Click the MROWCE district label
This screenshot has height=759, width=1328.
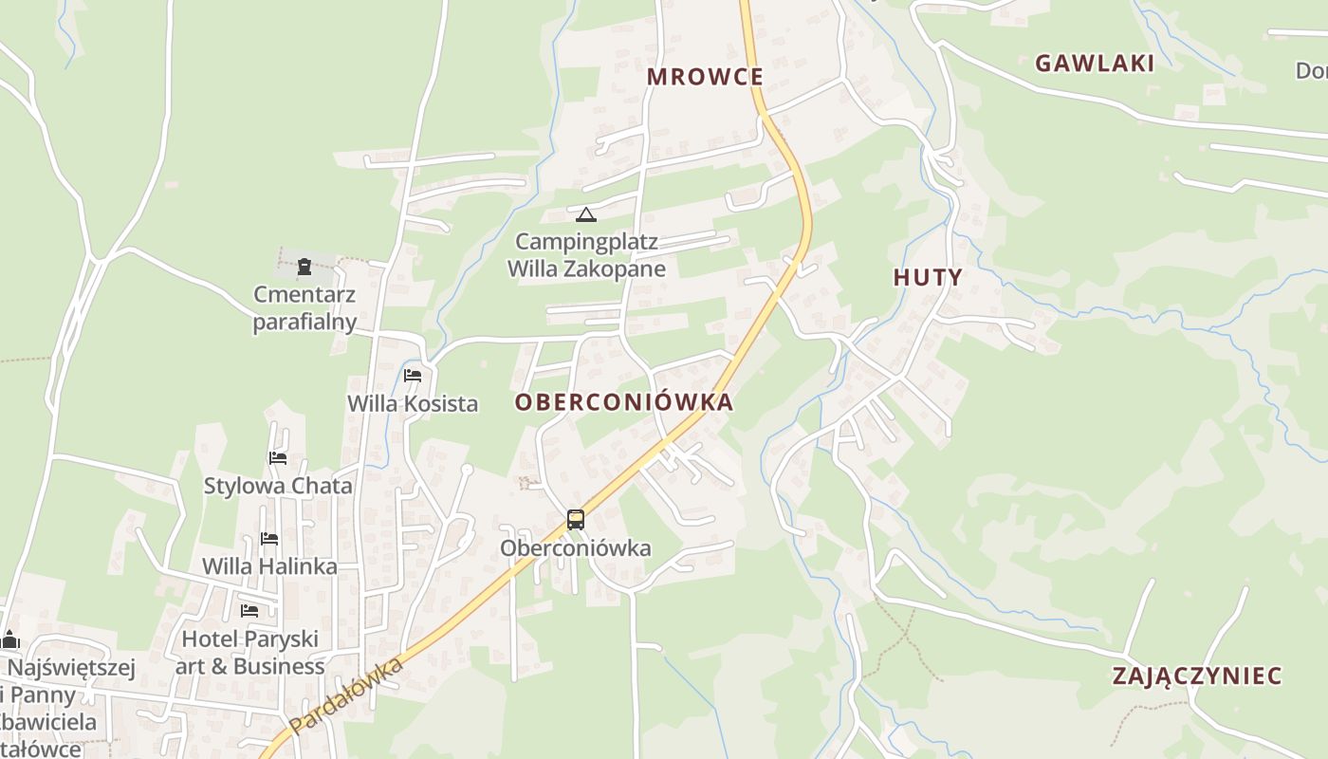pyautogui.click(x=705, y=77)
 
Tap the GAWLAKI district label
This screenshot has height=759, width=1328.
pyautogui.click(x=1095, y=64)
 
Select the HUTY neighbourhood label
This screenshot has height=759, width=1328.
pyautogui.click(x=928, y=278)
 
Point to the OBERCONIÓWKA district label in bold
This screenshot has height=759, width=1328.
pyautogui.click(x=624, y=402)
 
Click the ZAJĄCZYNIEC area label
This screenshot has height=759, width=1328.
pyautogui.click(x=1197, y=676)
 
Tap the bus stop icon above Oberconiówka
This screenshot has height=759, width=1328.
pyautogui.click(x=576, y=519)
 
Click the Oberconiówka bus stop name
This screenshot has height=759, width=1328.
pyautogui.click(x=576, y=548)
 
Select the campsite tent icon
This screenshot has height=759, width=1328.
pyautogui.click(x=586, y=214)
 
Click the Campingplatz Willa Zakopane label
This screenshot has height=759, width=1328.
pyautogui.click(x=586, y=255)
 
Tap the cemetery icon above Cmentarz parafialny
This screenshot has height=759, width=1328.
pyautogui.click(x=304, y=267)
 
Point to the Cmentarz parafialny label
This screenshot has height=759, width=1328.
pyautogui.click(x=304, y=308)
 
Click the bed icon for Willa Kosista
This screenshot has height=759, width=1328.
pyautogui.click(x=413, y=376)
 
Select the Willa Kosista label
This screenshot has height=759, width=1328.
pyautogui.click(x=413, y=403)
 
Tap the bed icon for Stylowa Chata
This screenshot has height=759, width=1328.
pyautogui.click(x=278, y=458)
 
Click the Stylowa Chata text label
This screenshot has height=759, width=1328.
pyautogui.click(x=278, y=486)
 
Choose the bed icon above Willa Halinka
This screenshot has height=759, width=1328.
pyautogui.click(x=269, y=539)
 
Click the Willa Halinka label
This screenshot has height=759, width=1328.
pyautogui.click(x=269, y=566)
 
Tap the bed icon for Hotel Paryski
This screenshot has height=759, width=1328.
pyautogui.click(x=249, y=610)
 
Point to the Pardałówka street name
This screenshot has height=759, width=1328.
pyautogui.click(x=346, y=695)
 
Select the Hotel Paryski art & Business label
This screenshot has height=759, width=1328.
pyautogui.click(x=250, y=653)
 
